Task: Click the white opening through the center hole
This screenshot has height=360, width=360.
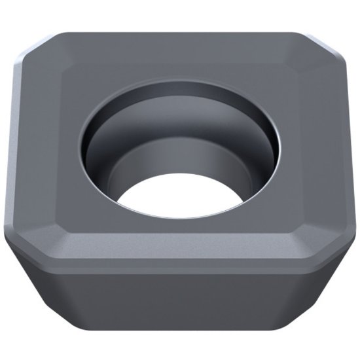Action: (x=180, y=196)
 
